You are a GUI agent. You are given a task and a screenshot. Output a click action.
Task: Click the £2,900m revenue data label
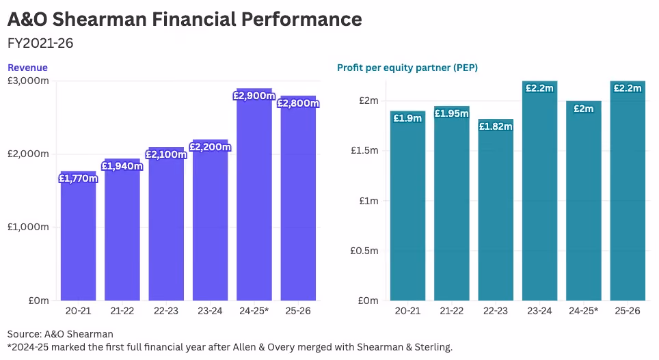tap(254, 96)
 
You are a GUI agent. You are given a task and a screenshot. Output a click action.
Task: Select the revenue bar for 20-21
tap(78, 236)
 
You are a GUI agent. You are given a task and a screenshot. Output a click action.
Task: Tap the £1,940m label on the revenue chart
tap(122, 166)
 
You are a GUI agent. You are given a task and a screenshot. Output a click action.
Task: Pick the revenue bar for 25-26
tap(298, 198)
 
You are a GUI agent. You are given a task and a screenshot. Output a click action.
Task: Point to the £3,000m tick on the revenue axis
tap(28, 81)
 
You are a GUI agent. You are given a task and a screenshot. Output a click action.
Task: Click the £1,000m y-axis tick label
tap(28, 227)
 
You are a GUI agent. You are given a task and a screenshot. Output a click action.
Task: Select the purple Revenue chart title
tap(28, 68)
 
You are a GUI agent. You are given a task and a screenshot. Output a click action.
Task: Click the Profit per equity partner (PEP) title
tap(407, 68)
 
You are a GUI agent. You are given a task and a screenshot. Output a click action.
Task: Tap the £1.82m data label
tap(496, 126)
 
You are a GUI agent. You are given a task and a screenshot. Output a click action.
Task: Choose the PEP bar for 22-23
tap(496, 210)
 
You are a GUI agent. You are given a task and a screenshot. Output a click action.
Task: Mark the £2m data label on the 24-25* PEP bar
tap(584, 109)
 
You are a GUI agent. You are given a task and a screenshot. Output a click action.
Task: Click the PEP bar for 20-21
tap(407, 206)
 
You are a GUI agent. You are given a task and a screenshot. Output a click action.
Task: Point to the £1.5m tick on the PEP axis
tap(364, 150)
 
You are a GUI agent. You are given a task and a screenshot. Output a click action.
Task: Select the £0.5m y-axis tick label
tap(364, 251)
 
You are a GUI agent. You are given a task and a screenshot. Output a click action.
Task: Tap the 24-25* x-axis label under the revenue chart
tap(254, 311)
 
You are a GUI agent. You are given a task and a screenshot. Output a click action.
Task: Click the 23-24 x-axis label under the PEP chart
tap(539, 311)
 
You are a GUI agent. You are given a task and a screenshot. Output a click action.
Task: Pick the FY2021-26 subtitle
tap(40, 43)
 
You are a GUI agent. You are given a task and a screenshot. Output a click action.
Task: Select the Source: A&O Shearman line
tap(60, 334)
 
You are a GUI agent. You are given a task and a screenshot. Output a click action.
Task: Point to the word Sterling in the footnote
tap(433, 348)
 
